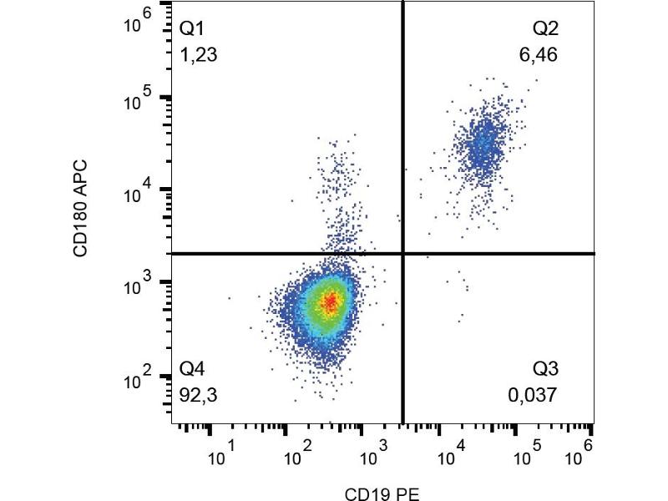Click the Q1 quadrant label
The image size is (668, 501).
pyautogui.click(x=193, y=30)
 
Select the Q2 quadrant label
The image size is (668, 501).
pyautogui.click(x=546, y=30)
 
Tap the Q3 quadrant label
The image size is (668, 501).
pyautogui.click(x=546, y=368)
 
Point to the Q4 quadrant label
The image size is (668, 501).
pyautogui.click(x=193, y=368)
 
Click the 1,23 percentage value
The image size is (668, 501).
pyautogui.click(x=200, y=56)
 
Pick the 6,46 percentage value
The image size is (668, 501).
pyautogui.click(x=539, y=56)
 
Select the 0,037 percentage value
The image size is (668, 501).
pyautogui.click(x=533, y=394)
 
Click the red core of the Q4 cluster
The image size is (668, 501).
pyautogui.click(x=330, y=301)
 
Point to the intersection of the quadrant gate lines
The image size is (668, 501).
pyautogui.click(x=403, y=253)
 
